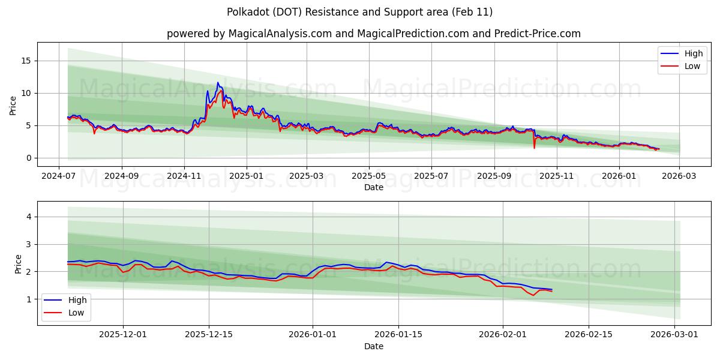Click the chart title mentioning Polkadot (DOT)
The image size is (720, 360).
click(x=360, y=12)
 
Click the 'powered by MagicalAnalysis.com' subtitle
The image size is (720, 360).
click(x=373, y=34)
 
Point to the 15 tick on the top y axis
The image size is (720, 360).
click(x=27, y=61)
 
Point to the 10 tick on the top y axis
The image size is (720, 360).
click(x=27, y=93)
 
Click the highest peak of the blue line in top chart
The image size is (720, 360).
click(x=218, y=83)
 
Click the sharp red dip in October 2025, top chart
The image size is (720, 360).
click(x=534, y=148)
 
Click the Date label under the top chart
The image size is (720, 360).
click(x=373, y=187)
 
